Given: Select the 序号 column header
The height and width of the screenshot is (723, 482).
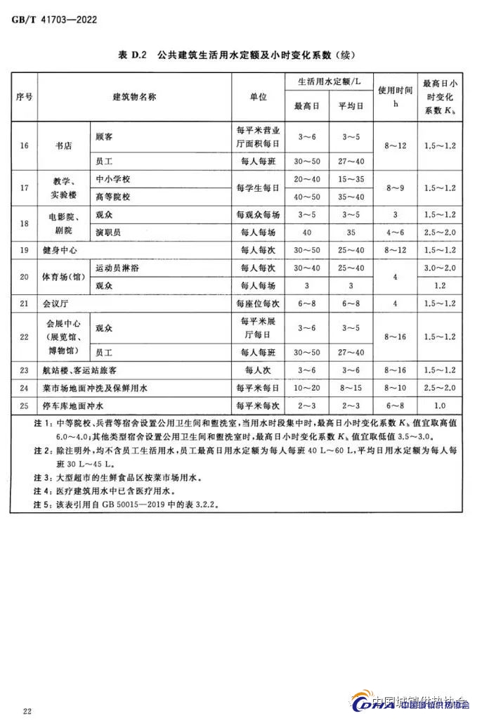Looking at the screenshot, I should pos(23,97).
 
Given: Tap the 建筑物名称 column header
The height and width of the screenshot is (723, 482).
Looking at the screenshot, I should pos(134,97).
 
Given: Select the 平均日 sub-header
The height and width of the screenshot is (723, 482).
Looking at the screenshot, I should pos(351,106).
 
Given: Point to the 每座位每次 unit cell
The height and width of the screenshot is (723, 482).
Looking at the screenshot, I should pos(258,304).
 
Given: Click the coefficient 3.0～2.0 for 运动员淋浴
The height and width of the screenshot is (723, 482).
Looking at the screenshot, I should pos(440,268).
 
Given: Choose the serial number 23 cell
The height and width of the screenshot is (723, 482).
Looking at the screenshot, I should pos(24,370).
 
